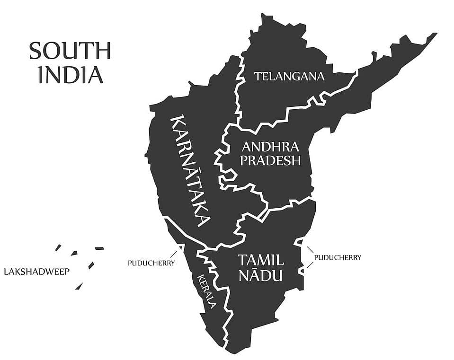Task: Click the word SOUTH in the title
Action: (x=70, y=51)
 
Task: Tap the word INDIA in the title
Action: (x=71, y=75)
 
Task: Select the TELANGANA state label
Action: (x=289, y=76)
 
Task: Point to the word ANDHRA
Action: (x=270, y=146)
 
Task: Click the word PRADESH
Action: (x=270, y=160)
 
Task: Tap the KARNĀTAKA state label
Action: (x=189, y=170)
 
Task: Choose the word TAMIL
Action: (x=260, y=260)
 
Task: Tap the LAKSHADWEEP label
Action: (x=36, y=272)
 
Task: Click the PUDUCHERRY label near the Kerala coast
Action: (x=151, y=263)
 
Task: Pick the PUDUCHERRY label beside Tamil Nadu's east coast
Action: (x=338, y=258)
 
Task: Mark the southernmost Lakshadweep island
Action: (x=79, y=286)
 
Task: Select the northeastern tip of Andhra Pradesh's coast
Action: (x=435, y=34)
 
